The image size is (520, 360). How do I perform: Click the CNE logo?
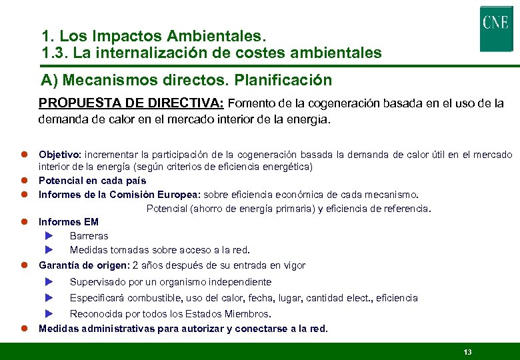pos(496,28)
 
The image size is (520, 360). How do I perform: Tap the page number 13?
pos(467,351)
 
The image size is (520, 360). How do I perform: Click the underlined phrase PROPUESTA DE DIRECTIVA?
pos(131,103)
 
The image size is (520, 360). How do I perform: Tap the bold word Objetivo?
pos(59,155)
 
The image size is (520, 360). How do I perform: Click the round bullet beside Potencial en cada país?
pos(22,181)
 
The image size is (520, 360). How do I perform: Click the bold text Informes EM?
pos(69,222)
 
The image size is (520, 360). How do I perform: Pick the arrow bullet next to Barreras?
pos(49,236)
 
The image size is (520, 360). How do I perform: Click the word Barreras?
pos(89,236)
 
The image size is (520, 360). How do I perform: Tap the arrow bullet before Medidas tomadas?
pos(49,250)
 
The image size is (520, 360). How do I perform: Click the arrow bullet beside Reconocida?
pos(49,314)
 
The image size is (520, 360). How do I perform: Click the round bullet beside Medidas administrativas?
pos(22,329)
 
